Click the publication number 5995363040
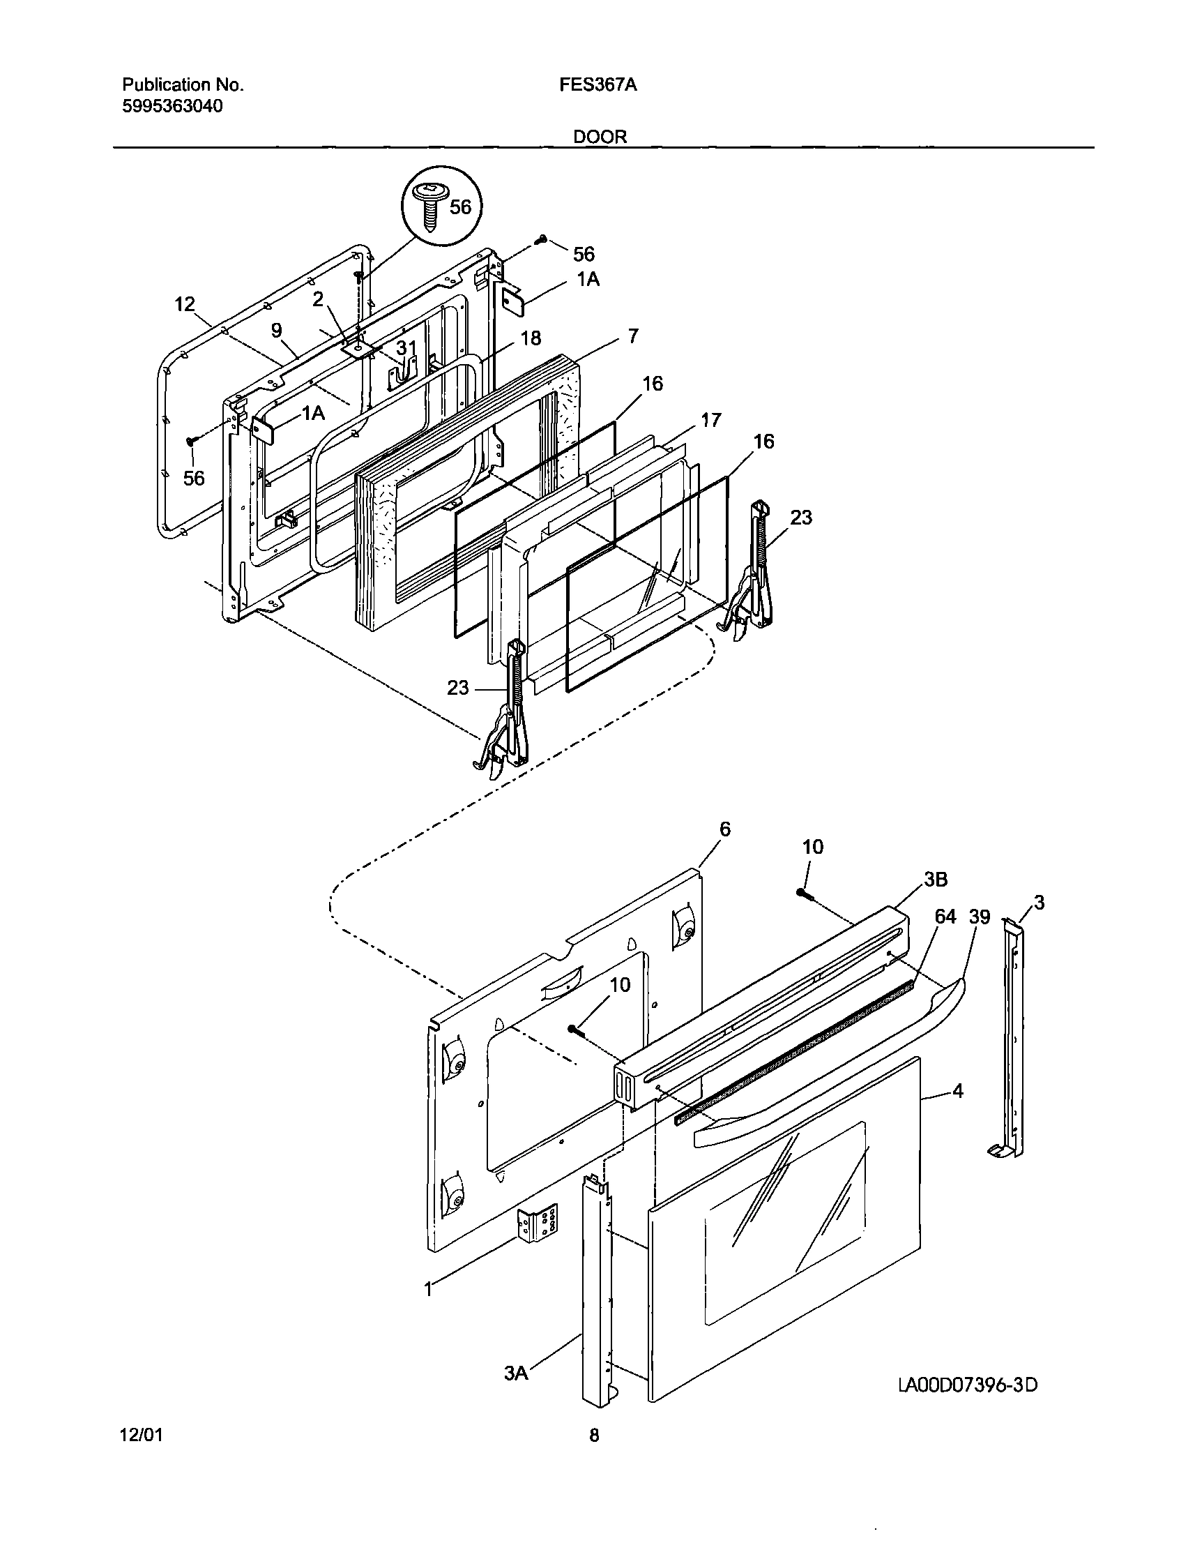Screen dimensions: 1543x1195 [173, 106]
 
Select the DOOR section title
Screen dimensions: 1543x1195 [600, 137]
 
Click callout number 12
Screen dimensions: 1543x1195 [185, 305]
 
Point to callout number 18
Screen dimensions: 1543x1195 [531, 338]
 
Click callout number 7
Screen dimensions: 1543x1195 [633, 336]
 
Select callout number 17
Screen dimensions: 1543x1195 [710, 420]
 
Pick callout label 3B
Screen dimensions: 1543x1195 [935, 880]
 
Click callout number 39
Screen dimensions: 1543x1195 [980, 917]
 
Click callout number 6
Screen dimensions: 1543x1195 [724, 829]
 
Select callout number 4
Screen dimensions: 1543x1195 [958, 1091]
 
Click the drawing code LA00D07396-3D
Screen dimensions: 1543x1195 [967, 1385]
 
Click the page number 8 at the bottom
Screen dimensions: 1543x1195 [594, 1436]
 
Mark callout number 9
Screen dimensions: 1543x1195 [276, 330]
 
